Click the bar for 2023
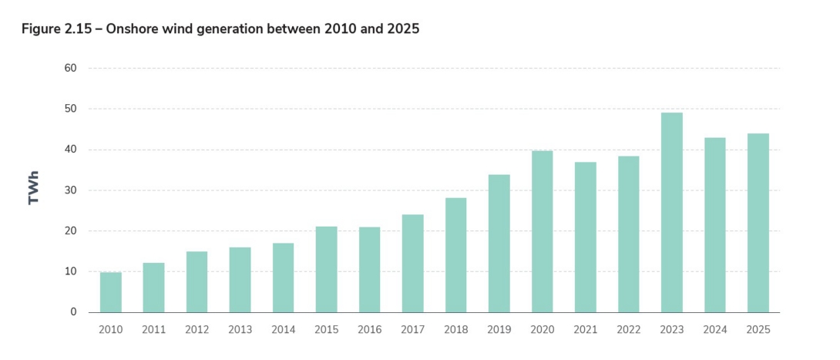[x=671, y=213]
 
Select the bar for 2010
[x=110, y=292]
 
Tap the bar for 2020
[x=542, y=231]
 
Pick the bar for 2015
[x=326, y=269]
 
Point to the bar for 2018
[x=455, y=255]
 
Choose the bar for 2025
[x=758, y=223]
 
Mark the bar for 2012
[x=197, y=282]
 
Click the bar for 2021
[x=585, y=237]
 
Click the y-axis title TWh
[x=34, y=190]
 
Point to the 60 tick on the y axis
[x=70, y=68]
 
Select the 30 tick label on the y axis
[x=70, y=190]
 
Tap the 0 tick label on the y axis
[x=73, y=312]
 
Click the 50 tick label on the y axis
[x=70, y=109]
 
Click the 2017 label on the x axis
[x=412, y=329]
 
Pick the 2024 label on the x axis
[x=714, y=329]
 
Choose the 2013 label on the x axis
[x=240, y=329]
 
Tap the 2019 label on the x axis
[x=499, y=329]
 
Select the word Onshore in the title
[x=130, y=29]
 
